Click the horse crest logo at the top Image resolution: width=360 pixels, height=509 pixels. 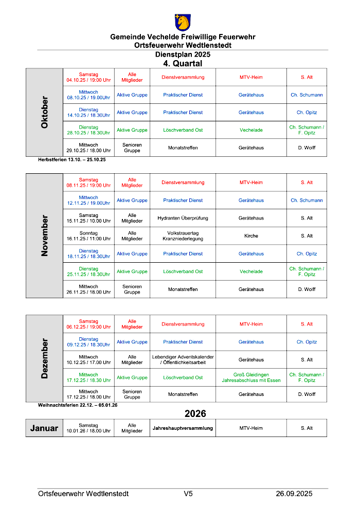pos(183,22)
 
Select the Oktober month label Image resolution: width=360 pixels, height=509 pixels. pos(45,113)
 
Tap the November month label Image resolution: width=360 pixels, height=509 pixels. pos(45,235)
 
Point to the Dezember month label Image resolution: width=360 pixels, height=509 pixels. pos(45,358)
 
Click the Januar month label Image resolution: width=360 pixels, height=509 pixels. pos(44,428)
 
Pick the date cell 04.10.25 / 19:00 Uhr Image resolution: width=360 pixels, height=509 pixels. pos(88,77)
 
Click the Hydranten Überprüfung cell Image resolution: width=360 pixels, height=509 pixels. pos(183,218)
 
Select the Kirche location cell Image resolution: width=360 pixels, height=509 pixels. pos(251,236)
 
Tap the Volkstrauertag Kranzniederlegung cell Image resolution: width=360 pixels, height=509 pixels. pos(183,236)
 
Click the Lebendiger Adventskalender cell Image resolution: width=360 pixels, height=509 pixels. pos(183,360)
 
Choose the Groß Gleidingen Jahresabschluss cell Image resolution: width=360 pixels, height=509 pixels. pos(251,377)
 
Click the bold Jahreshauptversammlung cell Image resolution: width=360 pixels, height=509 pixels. pos(183,428)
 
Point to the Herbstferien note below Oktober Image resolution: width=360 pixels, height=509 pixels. pos(72,159)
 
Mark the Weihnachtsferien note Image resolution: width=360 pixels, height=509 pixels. pos(78,405)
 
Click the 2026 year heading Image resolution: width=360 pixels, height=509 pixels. pos(195,414)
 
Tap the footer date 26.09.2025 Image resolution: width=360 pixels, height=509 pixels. pos(294,494)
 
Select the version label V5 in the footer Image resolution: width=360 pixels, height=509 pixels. pos(188,494)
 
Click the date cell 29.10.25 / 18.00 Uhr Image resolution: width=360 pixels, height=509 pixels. pos(88,148)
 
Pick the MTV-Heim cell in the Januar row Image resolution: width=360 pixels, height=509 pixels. pos(251,428)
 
